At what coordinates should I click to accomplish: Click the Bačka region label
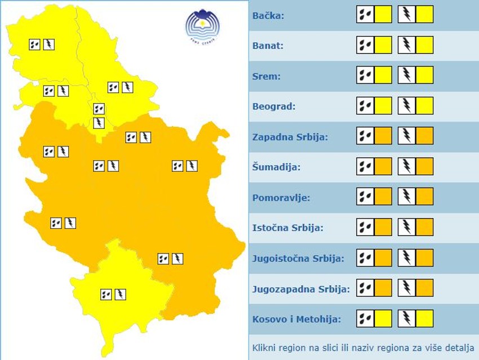pos(269,15)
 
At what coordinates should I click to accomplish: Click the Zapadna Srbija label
pos(290,137)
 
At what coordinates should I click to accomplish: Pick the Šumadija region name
pos(276,167)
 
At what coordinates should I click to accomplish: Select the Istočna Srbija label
pos(288,228)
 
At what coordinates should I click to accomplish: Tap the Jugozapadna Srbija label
pos(301,289)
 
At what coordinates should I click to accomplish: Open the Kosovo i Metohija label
pos(297,319)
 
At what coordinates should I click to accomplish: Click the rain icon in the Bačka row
pos(365,14)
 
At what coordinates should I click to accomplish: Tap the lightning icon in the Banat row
pos(406,45)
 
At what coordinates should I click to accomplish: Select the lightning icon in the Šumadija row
pos(406,166)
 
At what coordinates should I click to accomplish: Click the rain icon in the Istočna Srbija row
pos(365,227)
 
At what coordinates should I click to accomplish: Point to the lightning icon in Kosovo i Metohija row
pos(406,318)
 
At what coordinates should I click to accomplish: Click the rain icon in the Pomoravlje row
pos(365,197)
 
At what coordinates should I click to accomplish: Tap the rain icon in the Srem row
pos(365,75)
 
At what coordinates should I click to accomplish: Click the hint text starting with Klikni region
pos(363,347)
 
